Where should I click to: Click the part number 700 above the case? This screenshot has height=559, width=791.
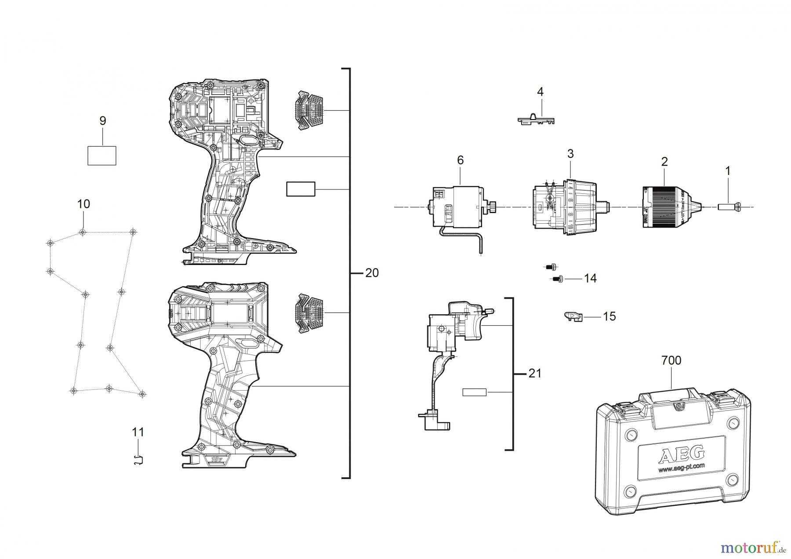click(x=671, y=360)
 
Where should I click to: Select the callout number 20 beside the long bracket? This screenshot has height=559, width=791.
click(x=372, y=273)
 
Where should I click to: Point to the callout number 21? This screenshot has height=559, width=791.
click(x=534, y=374)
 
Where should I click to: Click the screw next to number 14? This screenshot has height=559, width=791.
click(x=558, y=279)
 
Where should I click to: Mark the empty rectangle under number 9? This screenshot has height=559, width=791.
click(x=102, y=156)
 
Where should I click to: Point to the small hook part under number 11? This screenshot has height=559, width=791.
click(x=139, y=460)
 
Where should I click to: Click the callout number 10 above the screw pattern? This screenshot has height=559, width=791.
click(x=83, y=204)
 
